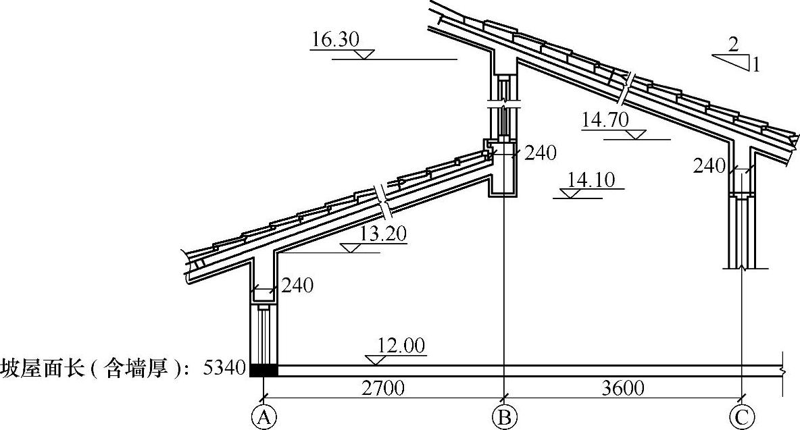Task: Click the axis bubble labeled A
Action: [264, 417]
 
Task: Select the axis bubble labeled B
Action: [504, 417]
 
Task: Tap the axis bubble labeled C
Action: [741, 417]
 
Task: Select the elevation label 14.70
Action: [605, 120]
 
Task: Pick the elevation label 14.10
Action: [591, 180]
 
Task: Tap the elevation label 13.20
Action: [383, 234]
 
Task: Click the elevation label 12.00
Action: [401, 346]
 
